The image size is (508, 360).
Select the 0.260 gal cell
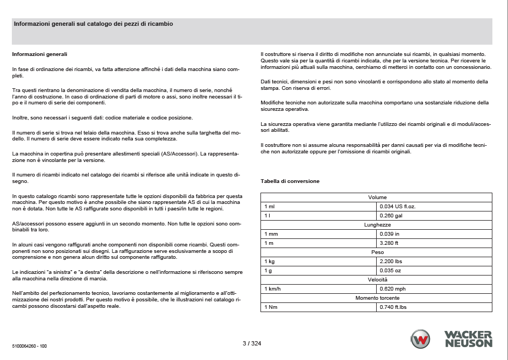tap(391, 216)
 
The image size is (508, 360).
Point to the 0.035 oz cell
tap(391, 271)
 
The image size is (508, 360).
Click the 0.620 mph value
tap(393, 289)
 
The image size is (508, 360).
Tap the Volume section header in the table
tap(377, 197)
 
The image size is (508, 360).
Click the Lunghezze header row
tap(377, 225)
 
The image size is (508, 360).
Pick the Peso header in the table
tap(377, 252)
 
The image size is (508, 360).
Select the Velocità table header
tap(377, 280)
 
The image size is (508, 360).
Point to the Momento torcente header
tap(377, 298)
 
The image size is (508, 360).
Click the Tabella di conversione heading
tap(290, 181)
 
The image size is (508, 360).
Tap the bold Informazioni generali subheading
tap(39, 54)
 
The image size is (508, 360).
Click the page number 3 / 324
tap(252, 343)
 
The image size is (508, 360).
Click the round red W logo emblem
tap(420, 340)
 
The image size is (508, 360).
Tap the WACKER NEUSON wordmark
tap(468, 339)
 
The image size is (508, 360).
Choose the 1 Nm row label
tap(270, 307)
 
